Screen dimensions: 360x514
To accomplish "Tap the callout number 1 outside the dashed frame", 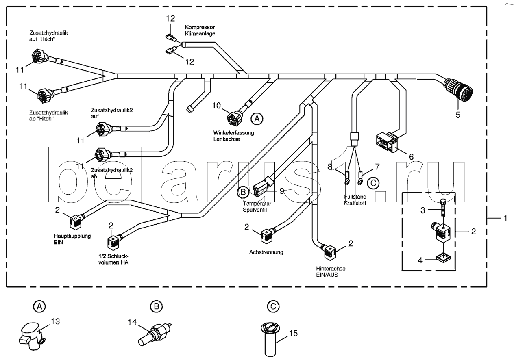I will coord(505,219).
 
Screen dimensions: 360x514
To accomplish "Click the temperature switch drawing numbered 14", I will coord(156,330).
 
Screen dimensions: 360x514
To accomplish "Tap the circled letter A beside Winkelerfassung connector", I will coord(255,119).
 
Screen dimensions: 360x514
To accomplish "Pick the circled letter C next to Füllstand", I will coord(372,183).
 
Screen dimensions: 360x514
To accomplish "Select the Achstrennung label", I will coord(266,252).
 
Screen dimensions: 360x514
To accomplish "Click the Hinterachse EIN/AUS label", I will coord(327,271).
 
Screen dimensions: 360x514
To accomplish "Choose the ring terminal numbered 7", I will coord(360,177).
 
